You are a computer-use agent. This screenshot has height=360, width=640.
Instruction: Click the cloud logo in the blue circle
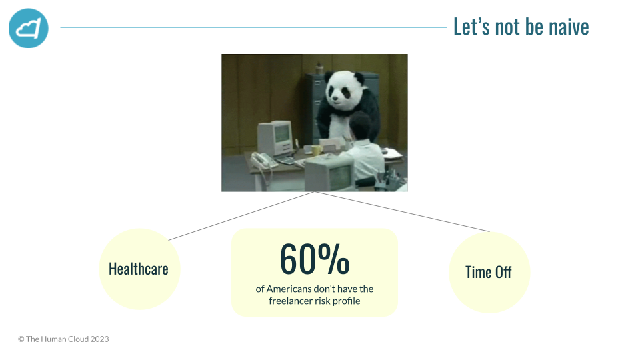(29, 28)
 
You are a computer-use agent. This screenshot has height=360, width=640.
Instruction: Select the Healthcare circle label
(139, 269)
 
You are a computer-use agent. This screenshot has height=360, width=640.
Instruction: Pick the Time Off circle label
(488, 272)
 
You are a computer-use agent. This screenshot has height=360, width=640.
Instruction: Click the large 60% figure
(314, 259)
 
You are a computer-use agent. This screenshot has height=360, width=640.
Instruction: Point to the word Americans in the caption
(289, 289)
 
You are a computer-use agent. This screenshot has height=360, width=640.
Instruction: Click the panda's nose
(335, 98)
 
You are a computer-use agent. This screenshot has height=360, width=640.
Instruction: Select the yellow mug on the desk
(316, 150)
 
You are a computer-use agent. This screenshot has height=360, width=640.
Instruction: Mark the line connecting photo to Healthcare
(241, 216)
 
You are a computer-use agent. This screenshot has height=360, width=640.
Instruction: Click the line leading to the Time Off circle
(402, 212)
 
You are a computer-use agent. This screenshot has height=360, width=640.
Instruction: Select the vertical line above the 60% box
(315, 210)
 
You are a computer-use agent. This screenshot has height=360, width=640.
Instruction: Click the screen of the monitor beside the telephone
(281, 133)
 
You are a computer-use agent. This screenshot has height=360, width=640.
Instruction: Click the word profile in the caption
(347, 301)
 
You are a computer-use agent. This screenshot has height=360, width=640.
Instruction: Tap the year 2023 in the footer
(99, 339)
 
